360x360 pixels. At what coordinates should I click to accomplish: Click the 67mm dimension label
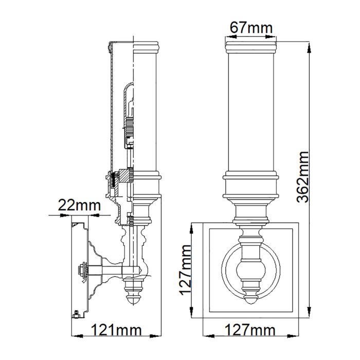click(251, 28)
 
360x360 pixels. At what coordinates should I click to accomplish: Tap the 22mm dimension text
click(79, 206)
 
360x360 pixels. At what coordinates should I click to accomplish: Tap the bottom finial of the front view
click(251, 295)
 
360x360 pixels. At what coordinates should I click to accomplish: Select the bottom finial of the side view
click(133, 295)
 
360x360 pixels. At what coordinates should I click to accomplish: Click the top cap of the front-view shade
click(251, 47)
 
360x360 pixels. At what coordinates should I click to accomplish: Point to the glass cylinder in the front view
click(251, 113)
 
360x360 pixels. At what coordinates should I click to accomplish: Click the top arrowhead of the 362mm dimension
click(310, 43)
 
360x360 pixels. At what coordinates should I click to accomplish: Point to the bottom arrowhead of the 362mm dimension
click(310, 318)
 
